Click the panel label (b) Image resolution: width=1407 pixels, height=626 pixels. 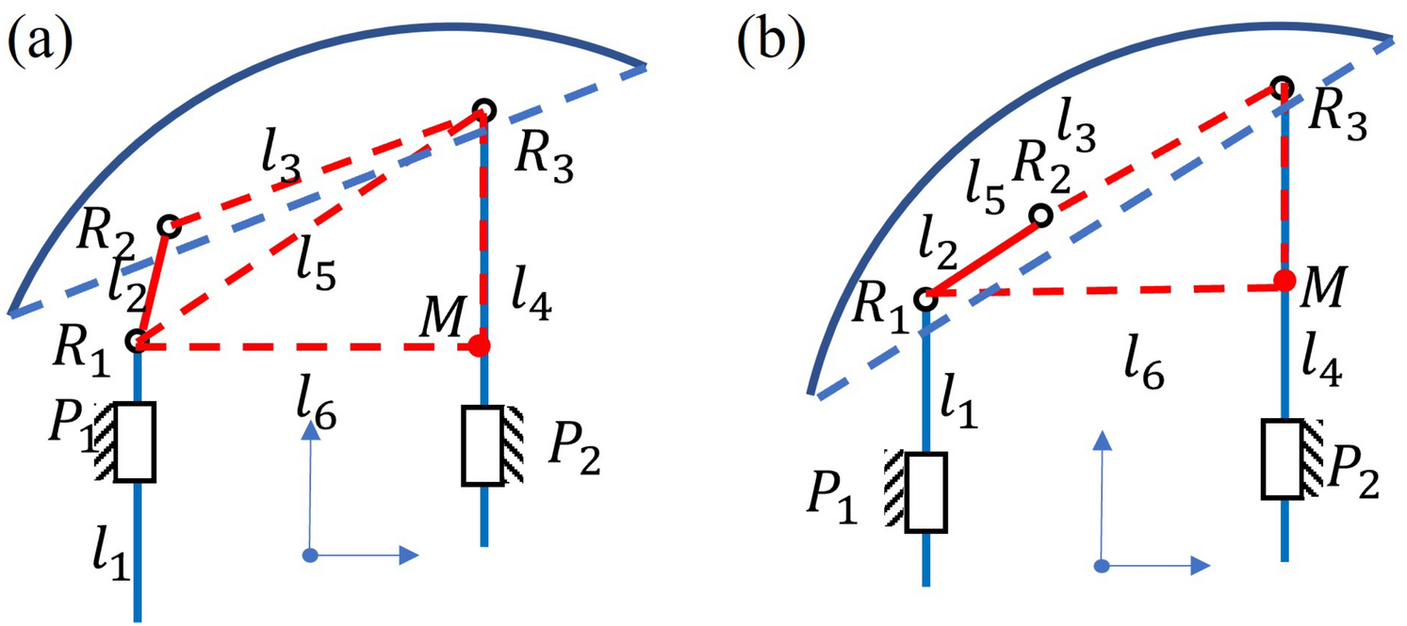tap(771, 43)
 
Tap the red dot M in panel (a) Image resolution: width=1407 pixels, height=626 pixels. tap(481, 346)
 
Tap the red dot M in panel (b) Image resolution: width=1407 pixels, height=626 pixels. tap(1283, 280)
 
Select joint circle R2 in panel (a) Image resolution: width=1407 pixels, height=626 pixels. tap(170, 226)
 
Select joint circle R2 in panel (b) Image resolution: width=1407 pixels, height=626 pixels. tap(1040, 217)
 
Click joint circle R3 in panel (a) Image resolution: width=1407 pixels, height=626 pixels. tap(483, 106)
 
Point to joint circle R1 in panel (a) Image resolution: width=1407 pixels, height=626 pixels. tap(139, 339)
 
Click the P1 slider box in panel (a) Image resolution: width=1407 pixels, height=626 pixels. tap(134, 442)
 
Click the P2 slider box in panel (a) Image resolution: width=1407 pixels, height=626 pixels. tap(483, 445)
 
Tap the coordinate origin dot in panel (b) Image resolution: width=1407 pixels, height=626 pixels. tap(1102, 566)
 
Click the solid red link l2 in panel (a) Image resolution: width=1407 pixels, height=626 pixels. tap(155, 281)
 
